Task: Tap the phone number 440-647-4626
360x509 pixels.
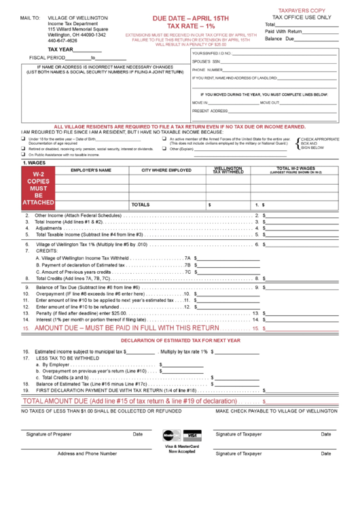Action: click(62, 41)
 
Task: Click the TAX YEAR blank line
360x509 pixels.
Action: click(88, 50)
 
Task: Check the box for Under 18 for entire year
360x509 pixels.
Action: click(24, 139)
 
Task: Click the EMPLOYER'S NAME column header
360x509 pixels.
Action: click(91, 171)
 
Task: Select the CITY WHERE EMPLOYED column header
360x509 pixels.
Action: click(166, 171)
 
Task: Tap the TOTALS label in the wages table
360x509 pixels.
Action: click(141, 204)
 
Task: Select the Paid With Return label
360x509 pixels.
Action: click(283, 31)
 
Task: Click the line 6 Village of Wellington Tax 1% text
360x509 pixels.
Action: click(92, 244)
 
